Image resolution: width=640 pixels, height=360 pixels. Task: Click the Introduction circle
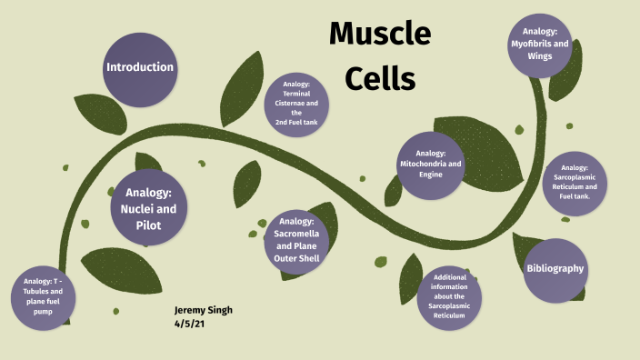point(139,67)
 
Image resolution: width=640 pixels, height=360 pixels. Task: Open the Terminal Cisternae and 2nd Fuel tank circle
point(296,104)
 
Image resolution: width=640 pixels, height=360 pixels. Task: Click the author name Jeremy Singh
point(204,310)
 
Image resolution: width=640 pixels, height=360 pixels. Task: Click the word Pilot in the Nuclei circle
point(149,224)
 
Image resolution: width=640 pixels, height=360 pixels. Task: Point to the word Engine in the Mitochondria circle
point(431,174)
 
